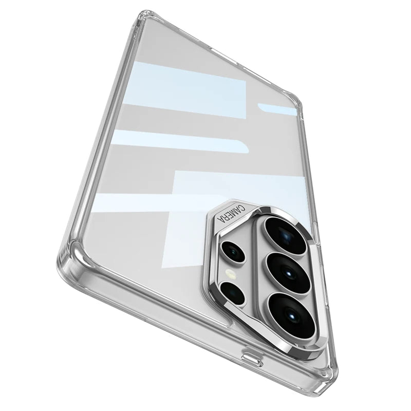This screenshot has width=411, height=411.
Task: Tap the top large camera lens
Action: click(282, 235)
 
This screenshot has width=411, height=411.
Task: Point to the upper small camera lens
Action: click(233, 252)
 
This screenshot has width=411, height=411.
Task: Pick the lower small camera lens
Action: click(233, 293)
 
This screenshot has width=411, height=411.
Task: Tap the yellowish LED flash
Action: click(230, 272)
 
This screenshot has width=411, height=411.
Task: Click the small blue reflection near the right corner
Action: click(277, 109)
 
